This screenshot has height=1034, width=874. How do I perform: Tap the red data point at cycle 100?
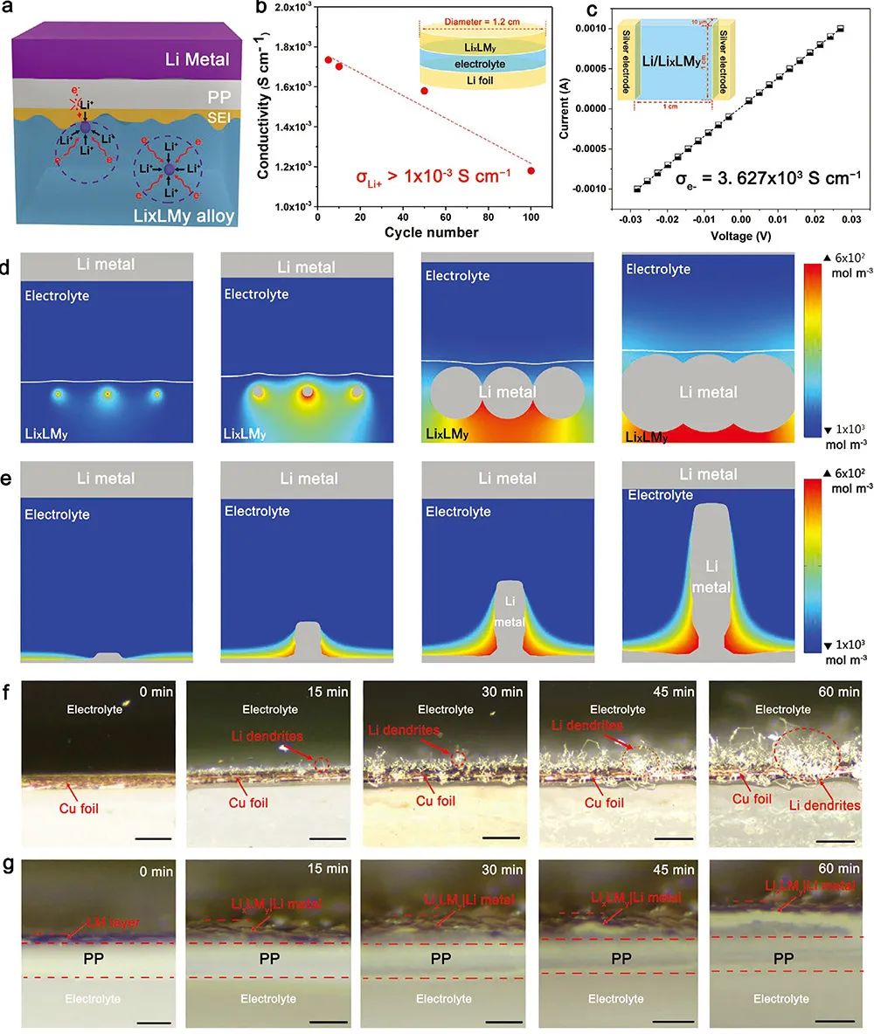pos(531,170)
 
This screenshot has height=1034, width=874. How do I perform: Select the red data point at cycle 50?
pos(424,91)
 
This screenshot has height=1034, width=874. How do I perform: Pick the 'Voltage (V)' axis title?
pos(739,233)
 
